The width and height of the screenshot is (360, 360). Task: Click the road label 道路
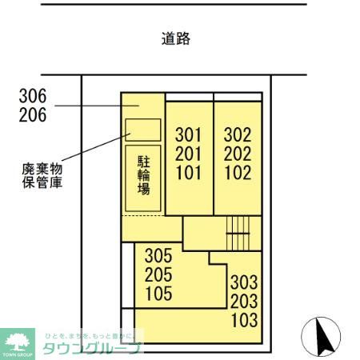coord(175,38)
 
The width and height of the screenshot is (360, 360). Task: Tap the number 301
coord(189,134)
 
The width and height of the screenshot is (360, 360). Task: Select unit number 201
coord(189,154)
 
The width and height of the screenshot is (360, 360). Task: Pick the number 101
coord(189,173)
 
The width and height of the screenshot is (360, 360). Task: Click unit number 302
coord(238,134)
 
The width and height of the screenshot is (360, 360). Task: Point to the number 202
coord(238,154)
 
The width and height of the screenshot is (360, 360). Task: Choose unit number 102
coord(238,173)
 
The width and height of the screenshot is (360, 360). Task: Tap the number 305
coord(158,257)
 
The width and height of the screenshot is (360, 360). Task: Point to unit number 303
coord(244,283)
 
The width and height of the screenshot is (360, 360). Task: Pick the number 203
coord(244,302)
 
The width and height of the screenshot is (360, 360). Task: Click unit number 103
coord(244,322)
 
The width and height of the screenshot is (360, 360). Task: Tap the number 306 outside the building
coord(32,96)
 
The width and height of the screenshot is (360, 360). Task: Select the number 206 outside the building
coord(32,115)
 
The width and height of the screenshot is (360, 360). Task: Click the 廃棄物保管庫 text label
coord(42,175)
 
